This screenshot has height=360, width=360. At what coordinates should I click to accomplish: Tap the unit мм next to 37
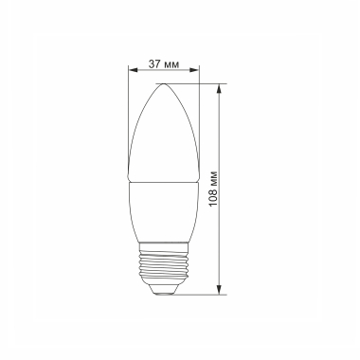coord(173,63)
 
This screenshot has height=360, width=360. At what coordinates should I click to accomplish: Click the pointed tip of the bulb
coord(165,84)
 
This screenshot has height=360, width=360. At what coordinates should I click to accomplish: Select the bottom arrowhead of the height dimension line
coord(221,290)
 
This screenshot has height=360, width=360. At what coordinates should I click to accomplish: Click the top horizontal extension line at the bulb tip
coord(194,83)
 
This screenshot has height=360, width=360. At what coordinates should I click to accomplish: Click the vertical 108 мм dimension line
coord(221,237)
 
